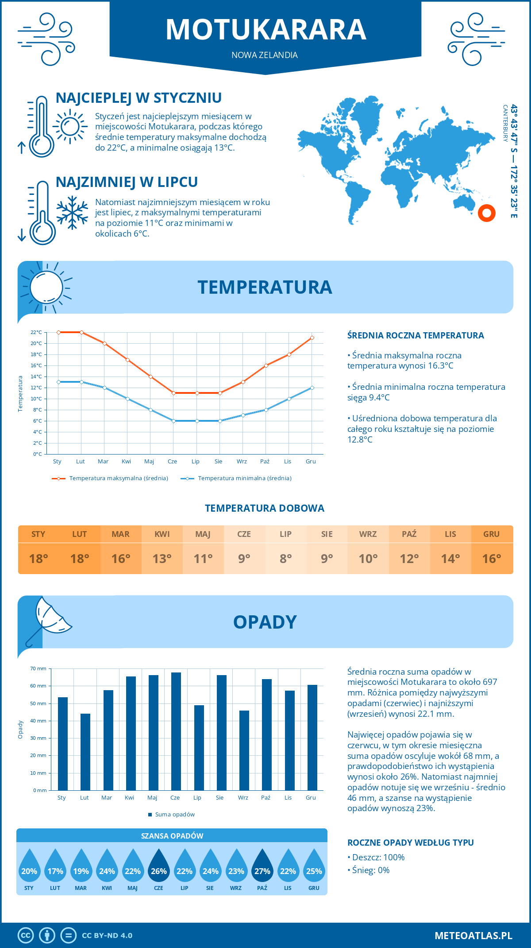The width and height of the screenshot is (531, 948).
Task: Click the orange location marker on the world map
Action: [486, 213]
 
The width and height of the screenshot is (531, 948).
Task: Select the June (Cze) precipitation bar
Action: [176, 731]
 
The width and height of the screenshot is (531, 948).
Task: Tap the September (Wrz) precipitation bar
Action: [244, 750]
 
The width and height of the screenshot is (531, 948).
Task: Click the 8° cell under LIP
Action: [285, 559]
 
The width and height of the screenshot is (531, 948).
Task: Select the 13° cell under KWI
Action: [162, 559]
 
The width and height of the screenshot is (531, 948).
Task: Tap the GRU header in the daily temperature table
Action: [491, 534]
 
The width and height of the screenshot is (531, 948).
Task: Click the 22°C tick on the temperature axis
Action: [36, 332]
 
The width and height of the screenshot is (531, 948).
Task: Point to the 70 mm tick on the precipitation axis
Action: [38, 668]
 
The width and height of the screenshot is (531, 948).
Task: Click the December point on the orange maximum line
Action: [312, 338]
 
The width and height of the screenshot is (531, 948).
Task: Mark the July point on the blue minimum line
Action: [197, 421]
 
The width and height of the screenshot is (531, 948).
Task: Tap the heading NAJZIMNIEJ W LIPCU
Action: [127, 182]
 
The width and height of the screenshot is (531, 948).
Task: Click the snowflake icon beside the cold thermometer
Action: [72, 213]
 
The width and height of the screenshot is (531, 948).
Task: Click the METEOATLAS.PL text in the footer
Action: [473, 936]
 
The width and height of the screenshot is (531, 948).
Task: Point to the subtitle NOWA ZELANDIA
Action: [265, 55]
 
